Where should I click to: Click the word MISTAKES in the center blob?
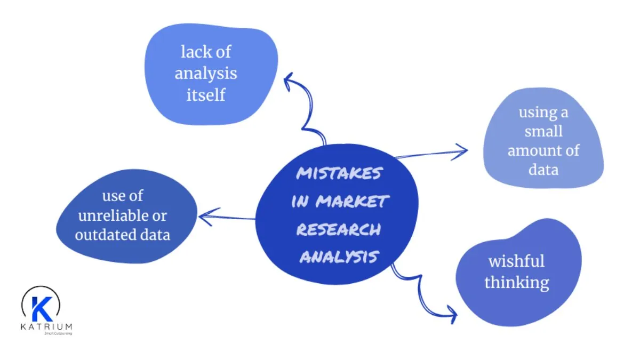pos(339,174)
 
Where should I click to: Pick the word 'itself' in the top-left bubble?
pos(205,94)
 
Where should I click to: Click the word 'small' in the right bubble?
pos(543,131)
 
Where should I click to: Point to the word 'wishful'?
pos(516,261)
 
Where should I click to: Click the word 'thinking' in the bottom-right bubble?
pos(516,282)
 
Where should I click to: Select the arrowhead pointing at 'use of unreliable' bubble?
pos(204,216)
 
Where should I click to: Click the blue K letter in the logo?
pos(40,308)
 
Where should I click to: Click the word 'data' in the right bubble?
pos(543,170)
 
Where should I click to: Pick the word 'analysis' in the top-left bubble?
pos(205,73)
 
